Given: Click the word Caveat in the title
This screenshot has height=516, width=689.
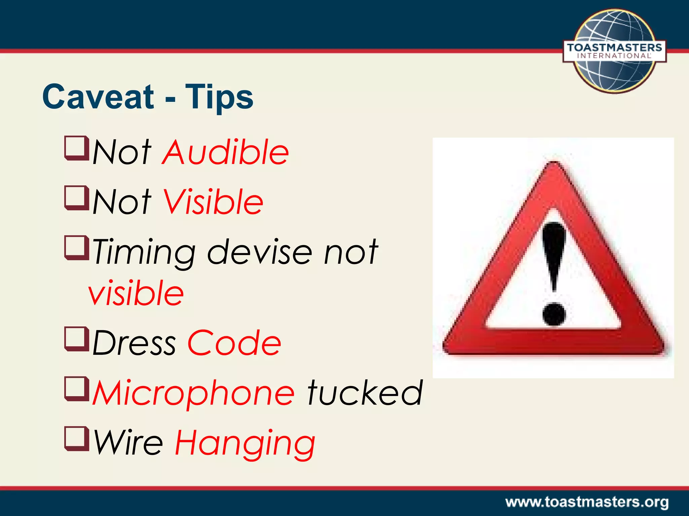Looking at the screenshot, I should [x=98, y=97].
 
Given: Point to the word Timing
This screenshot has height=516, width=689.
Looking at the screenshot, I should [x=144, y=253].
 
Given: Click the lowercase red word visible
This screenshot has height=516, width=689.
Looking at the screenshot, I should [x=136, y=293].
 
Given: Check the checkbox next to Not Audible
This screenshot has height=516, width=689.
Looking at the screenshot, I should [x=76, y=148].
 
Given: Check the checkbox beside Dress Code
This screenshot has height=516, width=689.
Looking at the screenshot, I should [x=76, y=339].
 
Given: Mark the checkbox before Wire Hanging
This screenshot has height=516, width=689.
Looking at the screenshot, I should [x=76, y=438].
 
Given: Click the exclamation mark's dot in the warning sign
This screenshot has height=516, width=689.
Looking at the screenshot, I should [x=554, y=314].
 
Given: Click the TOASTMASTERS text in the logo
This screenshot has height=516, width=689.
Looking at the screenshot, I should [x=614, y=47].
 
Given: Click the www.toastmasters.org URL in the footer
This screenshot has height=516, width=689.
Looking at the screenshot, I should [x=587, y=502].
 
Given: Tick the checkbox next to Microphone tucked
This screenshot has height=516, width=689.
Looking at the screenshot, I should [x=76, y=389].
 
